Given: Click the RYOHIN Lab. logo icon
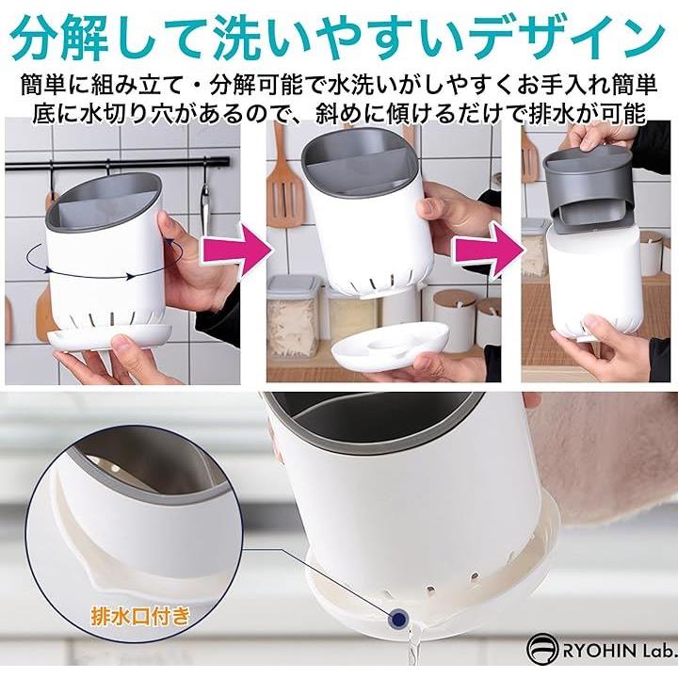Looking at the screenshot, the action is [x=541, y=648].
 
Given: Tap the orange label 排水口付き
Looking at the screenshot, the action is [x=140, y=615].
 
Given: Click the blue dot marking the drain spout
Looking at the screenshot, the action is [x=398, y=620].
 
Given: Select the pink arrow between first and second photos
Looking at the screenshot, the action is [x=237, y=250].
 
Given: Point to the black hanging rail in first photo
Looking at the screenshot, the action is [x=117, y=163].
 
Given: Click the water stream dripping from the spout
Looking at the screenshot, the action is [x=413, y=647].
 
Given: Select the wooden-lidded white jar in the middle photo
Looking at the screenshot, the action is [x=452, y=319].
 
